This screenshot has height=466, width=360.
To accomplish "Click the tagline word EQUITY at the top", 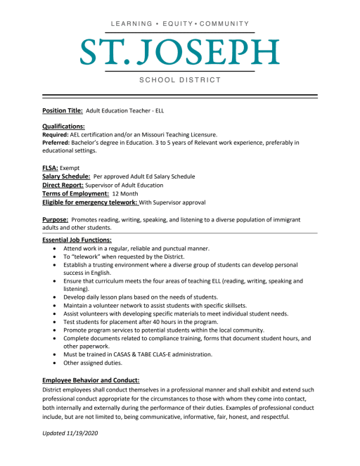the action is point(179,24).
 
